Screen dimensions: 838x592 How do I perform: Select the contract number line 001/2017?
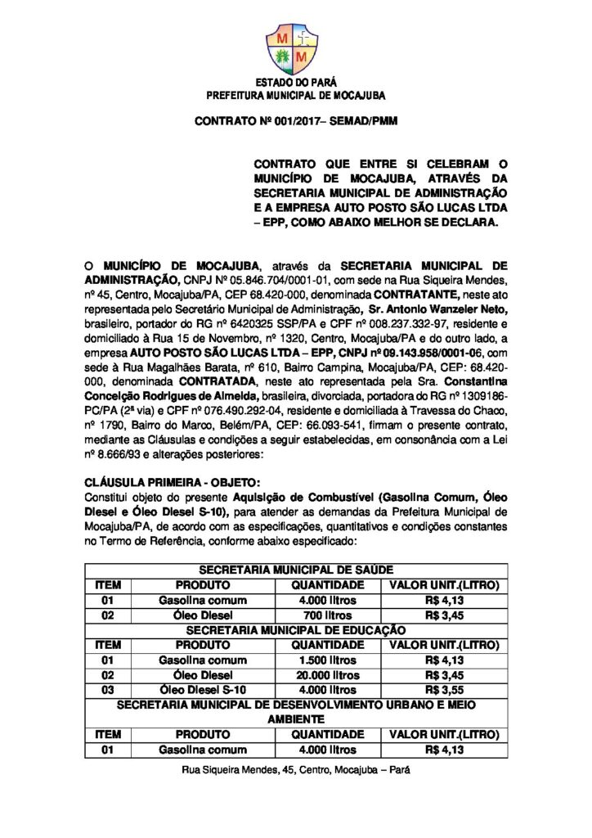coord(295,123)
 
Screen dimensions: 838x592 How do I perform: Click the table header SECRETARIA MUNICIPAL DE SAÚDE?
coord(295,570)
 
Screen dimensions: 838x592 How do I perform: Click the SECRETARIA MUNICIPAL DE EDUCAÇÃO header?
coord(295,630)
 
